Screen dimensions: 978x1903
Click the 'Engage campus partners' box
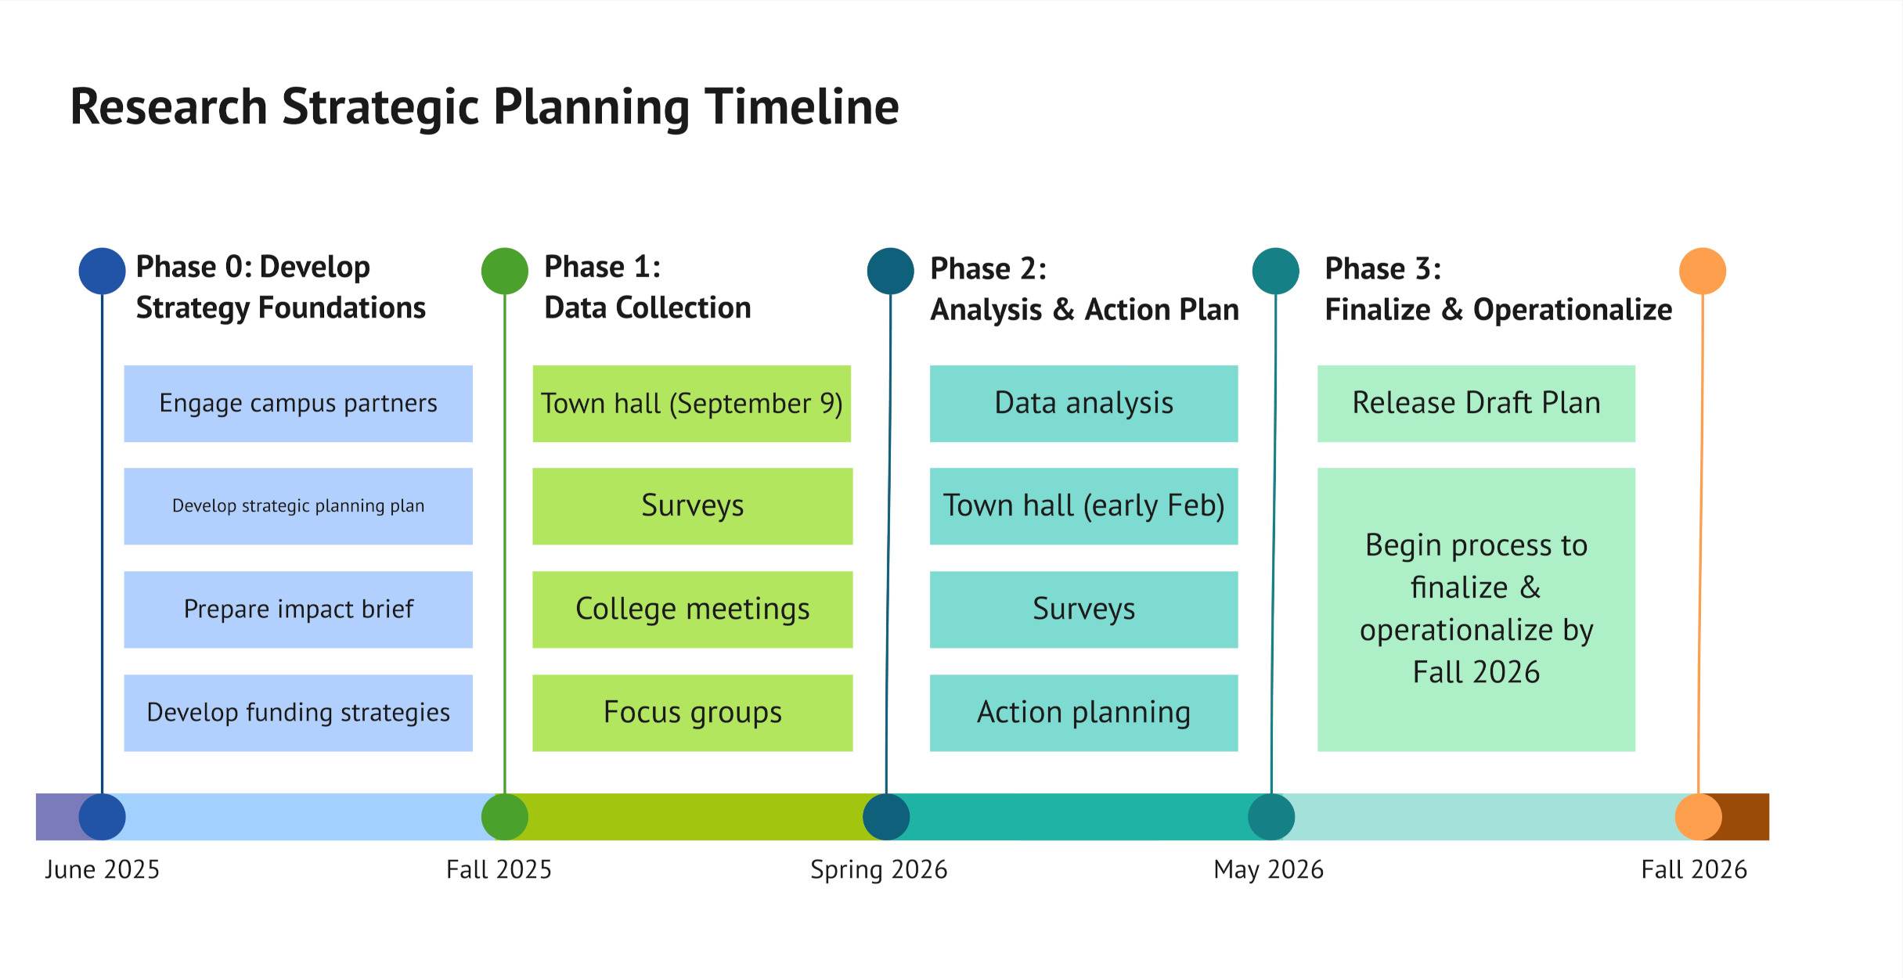click(298, 404)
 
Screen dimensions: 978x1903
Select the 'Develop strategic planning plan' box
click(298, 506)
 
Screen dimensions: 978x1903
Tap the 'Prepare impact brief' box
click(298, 609)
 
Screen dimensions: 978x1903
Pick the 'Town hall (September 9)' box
click(692, 404)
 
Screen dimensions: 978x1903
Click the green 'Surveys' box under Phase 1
click(692, 506)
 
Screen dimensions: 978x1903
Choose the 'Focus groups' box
click(692, 713)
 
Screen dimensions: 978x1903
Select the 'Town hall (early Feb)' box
click(1083, 506)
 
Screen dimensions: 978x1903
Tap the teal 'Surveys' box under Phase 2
click(1083, 609)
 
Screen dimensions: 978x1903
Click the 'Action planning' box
click(1083, 713)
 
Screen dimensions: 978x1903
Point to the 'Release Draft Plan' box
click(1476, 404)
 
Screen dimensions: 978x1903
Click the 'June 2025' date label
click(102, 870)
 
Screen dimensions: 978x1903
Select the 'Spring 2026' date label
click(878, 870)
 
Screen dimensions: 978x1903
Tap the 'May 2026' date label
click(1268, 870)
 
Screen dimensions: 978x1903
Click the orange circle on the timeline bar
click(1698, 817)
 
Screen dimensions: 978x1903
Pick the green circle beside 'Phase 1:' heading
click(505, 271)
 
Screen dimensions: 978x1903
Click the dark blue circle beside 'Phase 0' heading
click(103, 271)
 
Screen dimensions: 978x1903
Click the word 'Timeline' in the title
click(802, 107)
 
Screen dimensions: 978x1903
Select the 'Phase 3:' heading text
click(1382, 269)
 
